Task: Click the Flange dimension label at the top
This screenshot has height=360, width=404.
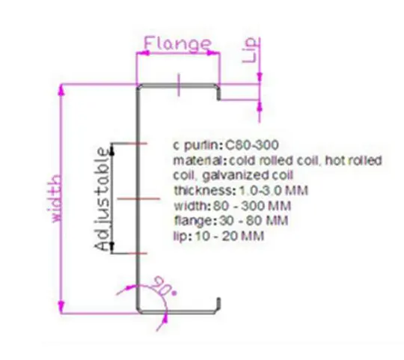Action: tap(178, 43)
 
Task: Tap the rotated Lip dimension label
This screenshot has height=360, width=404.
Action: tap(250, 50)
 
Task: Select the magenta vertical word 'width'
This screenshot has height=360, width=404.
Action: tap(54, 198)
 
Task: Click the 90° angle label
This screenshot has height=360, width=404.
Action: tap(163, 287)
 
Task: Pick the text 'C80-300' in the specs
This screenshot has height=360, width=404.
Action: tap(252, 145)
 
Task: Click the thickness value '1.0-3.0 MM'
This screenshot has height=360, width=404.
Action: tap(274, 191)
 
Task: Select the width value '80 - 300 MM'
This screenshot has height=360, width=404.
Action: tap(252, 206)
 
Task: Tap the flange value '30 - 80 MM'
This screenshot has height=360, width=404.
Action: tap(254, 221)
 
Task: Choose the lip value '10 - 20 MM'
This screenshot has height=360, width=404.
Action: tap(230, 236)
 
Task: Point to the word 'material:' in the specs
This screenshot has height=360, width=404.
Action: tap(200, 161)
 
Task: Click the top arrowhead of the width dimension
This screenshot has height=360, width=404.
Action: tap(61, 91)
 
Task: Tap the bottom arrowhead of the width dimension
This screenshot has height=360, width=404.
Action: tap(61, 308)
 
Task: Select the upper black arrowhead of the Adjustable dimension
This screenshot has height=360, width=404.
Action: tap(112, 150)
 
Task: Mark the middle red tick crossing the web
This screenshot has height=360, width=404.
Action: tap(138, 198)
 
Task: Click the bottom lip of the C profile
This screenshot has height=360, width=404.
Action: tap(218, 305)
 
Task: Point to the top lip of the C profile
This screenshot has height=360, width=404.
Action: tap(218, 94)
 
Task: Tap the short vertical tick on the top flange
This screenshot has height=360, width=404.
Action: tap(179, 85)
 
